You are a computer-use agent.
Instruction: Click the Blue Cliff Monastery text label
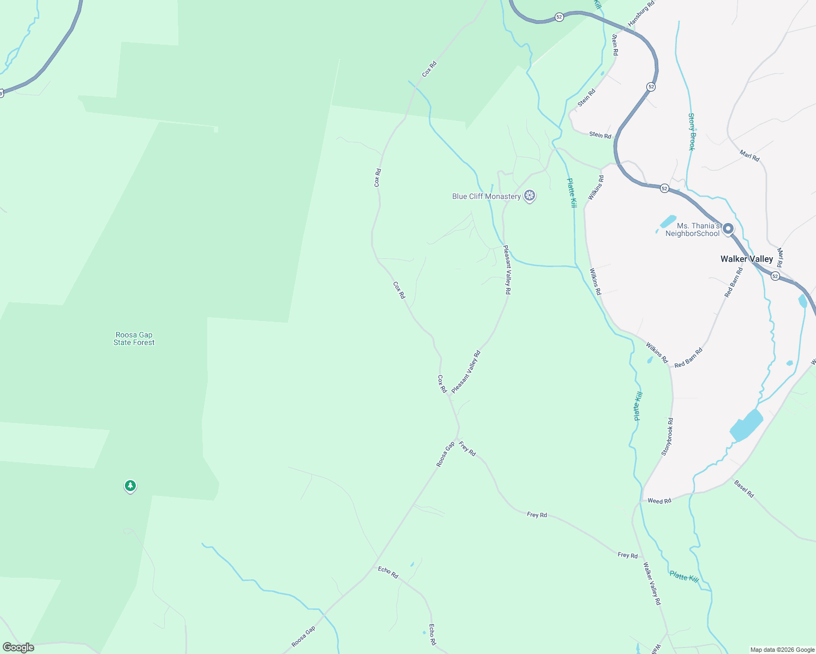[486, 196]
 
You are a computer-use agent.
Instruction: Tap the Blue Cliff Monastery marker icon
[529, 196]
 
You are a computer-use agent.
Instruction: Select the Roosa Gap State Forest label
[134, 338]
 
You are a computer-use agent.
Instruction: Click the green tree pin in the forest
[130, 485]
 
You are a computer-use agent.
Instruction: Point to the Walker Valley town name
[746, 259]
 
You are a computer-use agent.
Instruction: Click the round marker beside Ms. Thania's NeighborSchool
[728, 229]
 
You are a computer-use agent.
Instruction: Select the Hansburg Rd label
[641, 14]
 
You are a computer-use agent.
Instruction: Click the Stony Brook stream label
[692, 132]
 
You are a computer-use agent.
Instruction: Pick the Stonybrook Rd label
[667, 437]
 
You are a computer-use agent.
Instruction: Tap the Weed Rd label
[659, 501]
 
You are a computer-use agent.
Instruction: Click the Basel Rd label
[744, 488]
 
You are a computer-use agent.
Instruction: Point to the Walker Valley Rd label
[652, 583]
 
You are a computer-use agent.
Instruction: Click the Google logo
[18, 647]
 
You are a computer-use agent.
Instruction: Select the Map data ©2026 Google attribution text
[782, 650]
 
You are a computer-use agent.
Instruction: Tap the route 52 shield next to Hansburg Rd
[559, 17]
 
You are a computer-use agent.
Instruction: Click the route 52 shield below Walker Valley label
[775, 276]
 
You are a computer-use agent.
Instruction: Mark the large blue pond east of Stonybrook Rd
[746, 425]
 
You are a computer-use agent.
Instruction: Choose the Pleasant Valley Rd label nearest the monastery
[507, 270]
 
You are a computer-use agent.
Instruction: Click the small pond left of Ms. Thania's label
[668, 222]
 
